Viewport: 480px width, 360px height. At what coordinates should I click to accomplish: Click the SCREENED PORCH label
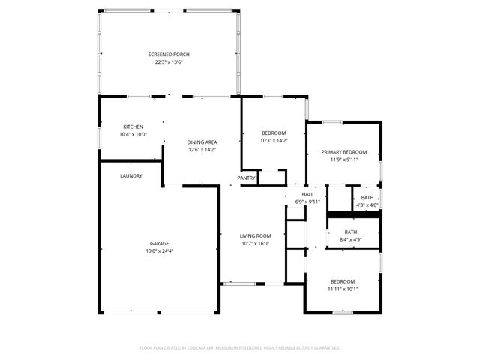coord(168,55)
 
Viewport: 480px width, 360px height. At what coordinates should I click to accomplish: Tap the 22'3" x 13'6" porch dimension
coord(168,62)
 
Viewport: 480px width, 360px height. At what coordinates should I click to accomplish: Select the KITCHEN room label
coord(133,127)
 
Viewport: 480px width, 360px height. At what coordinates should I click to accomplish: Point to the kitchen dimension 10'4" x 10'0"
coord(133,134)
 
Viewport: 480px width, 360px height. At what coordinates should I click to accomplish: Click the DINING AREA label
coord(202,142)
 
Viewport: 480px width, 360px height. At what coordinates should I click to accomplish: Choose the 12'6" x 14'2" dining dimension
coord(202,149)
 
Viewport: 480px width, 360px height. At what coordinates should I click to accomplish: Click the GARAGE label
coord(159,243)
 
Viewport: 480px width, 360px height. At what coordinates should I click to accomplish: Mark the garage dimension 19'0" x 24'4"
coord(159,250)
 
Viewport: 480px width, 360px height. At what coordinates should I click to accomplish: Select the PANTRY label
coord(246,178)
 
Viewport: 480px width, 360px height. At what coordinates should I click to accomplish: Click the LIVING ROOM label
coord(255,235)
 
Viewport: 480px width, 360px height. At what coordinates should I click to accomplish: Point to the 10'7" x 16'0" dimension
coord(255,243)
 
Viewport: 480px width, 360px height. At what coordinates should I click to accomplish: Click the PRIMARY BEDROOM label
coord(344,151)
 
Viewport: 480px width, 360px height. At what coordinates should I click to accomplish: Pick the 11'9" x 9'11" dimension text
coord(344,159)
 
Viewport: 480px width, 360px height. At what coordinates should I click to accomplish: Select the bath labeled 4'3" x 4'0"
coord(367,201)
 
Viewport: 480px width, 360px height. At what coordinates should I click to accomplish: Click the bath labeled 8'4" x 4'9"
coord(351,236)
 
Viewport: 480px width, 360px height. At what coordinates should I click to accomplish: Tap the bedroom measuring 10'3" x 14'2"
coord(274,136)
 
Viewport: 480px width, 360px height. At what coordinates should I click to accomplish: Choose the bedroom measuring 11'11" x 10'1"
coord(343,285)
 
